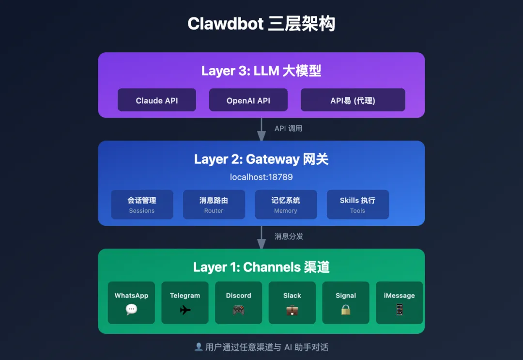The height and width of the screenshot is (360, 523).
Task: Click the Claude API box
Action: pos(157,100)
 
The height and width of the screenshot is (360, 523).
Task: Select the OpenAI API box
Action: pos(248,100)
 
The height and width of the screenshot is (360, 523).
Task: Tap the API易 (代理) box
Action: pos(353,100)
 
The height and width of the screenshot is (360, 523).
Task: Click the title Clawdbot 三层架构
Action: pos(261,24)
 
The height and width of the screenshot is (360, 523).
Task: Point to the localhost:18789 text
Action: pos(261,177)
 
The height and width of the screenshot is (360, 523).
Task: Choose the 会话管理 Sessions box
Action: pos(142,204)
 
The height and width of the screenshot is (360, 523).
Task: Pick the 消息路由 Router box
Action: pos(214,204)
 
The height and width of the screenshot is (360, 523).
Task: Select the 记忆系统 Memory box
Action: pos(286,204)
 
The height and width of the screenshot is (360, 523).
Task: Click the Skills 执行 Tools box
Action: pos(357,204)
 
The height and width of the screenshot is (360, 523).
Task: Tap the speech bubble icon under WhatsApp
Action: pos(131,310)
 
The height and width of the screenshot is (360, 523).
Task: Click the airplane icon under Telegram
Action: pos(185,310)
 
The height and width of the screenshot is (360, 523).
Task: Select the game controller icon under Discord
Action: pos(239,310)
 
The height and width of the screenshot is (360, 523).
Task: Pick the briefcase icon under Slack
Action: pos(292,310)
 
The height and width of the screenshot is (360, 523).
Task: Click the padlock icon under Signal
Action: pos(346,310)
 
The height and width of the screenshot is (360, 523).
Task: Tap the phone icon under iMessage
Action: pos(400,310)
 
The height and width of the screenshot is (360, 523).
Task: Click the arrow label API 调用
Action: pos(288,128)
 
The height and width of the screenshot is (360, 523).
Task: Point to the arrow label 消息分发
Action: pos(289,236)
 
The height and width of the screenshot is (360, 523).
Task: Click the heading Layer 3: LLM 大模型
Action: pos(261,71)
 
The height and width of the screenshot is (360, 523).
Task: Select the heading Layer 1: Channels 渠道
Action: pos(261,267)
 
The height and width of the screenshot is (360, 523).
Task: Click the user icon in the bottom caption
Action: pos(199,347)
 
